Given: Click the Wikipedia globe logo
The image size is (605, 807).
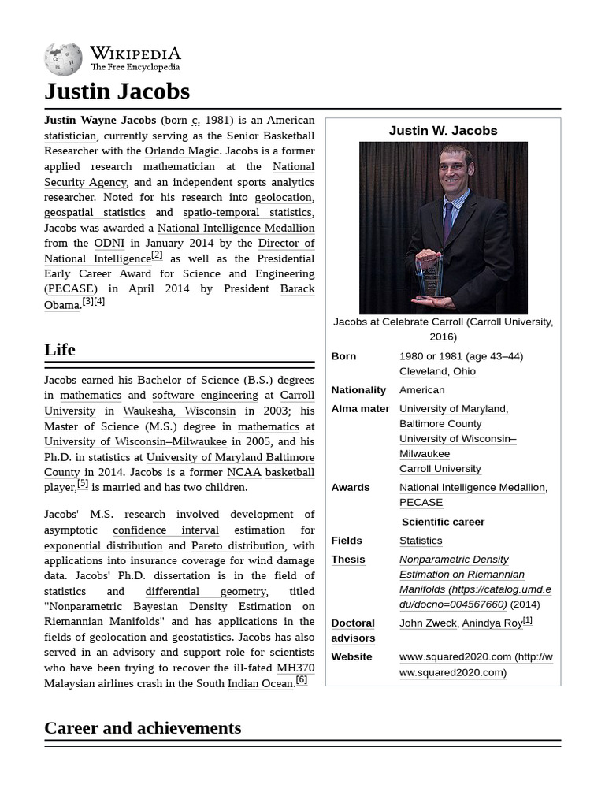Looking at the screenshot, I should click(x=63, y=59).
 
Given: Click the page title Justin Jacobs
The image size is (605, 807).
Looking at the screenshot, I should click(x=117, y=91).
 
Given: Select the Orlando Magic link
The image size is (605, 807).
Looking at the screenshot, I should click(x=181, y=151).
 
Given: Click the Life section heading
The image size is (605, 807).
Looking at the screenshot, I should click(x=60, y=349).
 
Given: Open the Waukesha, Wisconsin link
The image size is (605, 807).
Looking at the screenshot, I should click(x=179, y=411).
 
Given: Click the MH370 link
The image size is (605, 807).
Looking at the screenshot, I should click(x=295, y=668).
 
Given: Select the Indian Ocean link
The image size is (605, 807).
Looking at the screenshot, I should click(x=260, y=683).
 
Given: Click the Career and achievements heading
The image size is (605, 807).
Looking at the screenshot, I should click(x=143, y=727).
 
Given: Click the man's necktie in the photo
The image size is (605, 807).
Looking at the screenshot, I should click(x=447, y=221).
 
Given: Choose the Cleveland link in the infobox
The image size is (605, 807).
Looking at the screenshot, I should click(x=423, y=371).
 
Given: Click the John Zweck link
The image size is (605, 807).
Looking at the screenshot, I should click(x=428, y=623).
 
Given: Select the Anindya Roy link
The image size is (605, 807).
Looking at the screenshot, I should click(x=492, y=623).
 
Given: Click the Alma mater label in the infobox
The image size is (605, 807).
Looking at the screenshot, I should click(x=360, y=408).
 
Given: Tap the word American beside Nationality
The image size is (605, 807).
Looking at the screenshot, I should click(x=421, y=389).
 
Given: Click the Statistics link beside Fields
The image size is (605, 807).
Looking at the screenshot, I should click(x=421, y=540).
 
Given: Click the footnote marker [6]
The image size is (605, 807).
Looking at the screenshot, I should click(x=302, y=680).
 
